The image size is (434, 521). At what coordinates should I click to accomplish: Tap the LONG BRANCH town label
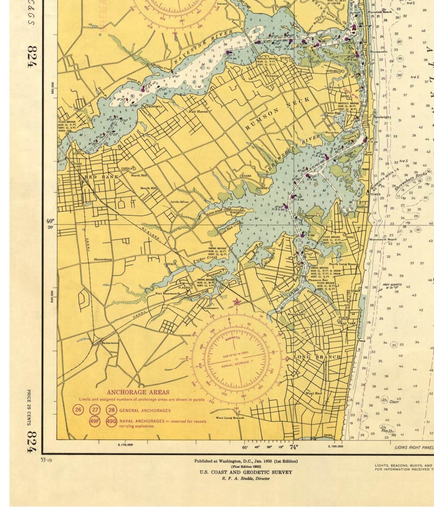click(x=317, y=357)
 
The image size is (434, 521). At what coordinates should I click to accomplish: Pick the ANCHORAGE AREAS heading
click(x=138, y=392)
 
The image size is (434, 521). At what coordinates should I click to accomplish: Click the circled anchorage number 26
click(x=78, y=410)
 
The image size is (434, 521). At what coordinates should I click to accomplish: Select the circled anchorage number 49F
click(x=95, y=422)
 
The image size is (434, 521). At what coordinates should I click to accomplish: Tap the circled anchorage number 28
click(x=111, y=410)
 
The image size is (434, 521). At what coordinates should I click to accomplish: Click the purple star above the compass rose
click(x=237, y=303)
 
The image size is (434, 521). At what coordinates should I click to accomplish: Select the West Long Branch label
click(x=230, y=418)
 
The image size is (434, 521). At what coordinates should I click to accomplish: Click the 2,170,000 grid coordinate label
click(x=125, y=444)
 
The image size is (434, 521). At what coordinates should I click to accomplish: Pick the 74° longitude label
click(x=294, y=447)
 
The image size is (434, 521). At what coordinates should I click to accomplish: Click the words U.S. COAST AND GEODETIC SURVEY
click(x=246, y=472)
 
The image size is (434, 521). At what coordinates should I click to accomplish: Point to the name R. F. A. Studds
click(x=246, y=478)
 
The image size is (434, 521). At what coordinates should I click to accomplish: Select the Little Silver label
click(x=179, y=201)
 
